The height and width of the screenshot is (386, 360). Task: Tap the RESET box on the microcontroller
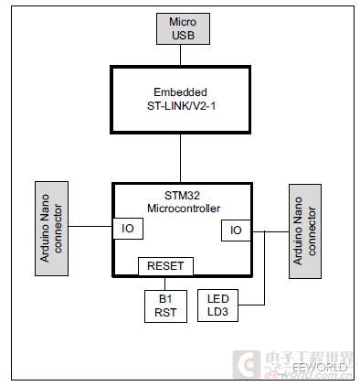pos(165,266)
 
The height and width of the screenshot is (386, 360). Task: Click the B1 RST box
pos(165,306)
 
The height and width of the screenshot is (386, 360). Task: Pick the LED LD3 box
pos(218,306)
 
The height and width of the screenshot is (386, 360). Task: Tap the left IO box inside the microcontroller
pos(127,227)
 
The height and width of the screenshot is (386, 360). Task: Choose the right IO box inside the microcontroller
pos(235,231)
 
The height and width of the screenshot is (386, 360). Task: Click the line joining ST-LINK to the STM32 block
pos(181,158)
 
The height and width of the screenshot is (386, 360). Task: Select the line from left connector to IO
pos(90,226)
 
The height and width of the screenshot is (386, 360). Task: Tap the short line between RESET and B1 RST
pos(165,283)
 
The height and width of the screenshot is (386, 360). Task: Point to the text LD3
pos(218,313)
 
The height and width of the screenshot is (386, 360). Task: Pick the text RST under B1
pos(165,314)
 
